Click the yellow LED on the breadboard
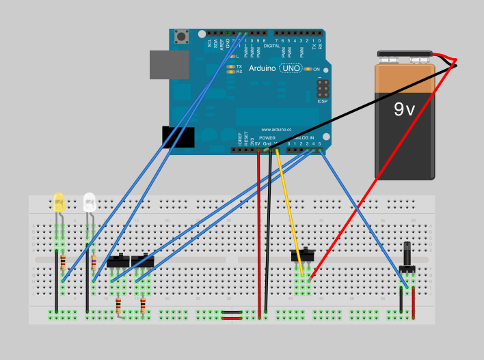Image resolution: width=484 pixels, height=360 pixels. [59, 202]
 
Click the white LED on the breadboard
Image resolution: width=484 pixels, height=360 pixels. [89, 202]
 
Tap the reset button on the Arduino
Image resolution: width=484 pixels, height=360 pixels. [181, 36]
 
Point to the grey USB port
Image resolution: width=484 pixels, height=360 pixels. [169, 64]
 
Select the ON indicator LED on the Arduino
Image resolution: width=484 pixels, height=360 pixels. [308, 69]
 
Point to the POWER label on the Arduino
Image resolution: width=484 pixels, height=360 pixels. [267, 137]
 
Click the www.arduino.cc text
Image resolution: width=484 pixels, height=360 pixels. [276, 128]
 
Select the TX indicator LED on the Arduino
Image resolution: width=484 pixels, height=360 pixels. [232, 66]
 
